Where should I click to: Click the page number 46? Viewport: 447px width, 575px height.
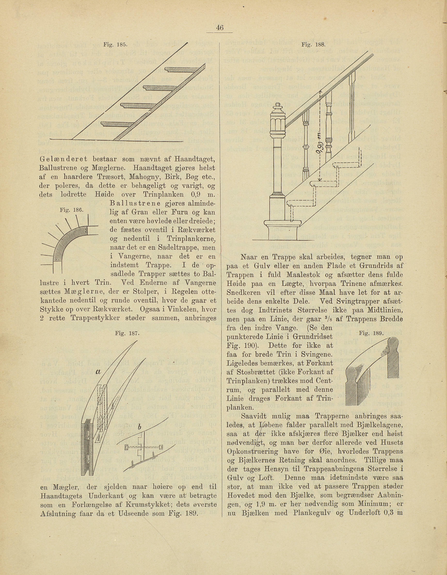point(219,27)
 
